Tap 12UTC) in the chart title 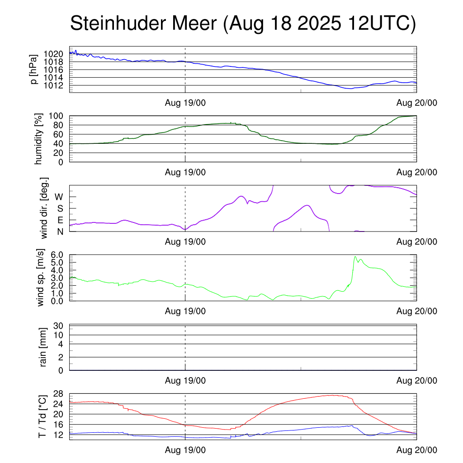378,24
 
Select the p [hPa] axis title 33,69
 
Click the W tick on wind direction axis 59,197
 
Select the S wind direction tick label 60,208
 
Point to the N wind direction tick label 60,231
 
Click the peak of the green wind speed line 355,257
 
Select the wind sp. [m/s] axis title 41,278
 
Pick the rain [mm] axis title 43,347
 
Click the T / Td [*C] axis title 41,416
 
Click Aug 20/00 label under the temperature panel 417,450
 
